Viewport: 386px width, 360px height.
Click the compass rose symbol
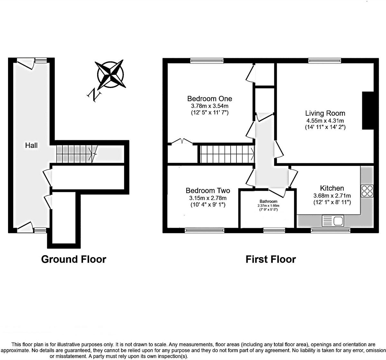point(111,74)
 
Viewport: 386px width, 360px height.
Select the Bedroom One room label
point(209,99)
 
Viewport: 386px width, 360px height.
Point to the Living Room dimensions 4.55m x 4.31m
point(325,121)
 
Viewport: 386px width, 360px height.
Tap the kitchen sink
point(333,221)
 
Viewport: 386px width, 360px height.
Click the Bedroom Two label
point(208,191)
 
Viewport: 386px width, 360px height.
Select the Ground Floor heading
point(74,259)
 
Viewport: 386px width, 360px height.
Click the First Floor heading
point(271,259)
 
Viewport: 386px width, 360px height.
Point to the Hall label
point(32,145)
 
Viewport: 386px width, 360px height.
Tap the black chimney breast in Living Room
point(368,111)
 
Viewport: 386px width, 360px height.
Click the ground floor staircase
point(77,154)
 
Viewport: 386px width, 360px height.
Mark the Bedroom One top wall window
point(207,60)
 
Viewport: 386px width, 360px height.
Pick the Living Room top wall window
point(325,60)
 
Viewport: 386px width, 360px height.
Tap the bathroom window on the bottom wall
point(274,230)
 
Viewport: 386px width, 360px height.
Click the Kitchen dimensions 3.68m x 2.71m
point(332,195)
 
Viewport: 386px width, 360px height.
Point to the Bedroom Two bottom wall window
point(205,230)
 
